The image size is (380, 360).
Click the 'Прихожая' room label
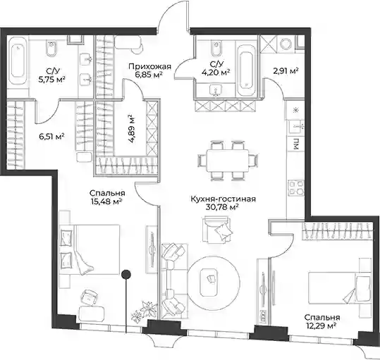(x=149, y=66)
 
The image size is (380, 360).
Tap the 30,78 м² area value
(x=222, y=208)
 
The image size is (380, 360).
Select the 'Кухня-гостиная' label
(x=223, y=199)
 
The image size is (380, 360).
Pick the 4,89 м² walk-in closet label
(x=132, y=129)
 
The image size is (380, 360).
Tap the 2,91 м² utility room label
(x=286, y=71)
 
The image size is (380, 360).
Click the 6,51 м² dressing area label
(x=51, y=137)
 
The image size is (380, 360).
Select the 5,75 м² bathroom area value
(x=52, y=79)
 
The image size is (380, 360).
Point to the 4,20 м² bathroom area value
(x=216, y=72)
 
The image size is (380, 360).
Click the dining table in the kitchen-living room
(x=228, y=161)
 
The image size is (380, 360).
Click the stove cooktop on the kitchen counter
(x=296, y=188)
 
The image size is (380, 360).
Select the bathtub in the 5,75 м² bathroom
(x=18, y=61)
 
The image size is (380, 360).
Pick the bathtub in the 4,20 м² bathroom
(x=246, y=70)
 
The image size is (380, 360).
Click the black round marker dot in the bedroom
(x=126, y=274)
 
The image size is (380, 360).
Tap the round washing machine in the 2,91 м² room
(x=286, y=44)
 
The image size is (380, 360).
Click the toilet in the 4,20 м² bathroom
(x=216, y=49)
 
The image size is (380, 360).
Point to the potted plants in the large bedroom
(x=144, y=312)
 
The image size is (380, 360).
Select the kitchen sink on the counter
(x=295, y=127)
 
